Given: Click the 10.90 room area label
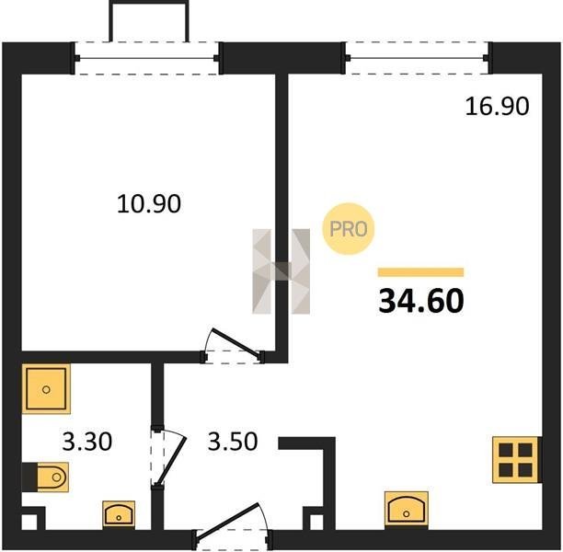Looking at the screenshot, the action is click(149, 203).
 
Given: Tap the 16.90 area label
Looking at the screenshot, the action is click(498, 107).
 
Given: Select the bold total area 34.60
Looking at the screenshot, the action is click(421, 301).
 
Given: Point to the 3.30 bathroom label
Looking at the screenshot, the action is click(87, 442).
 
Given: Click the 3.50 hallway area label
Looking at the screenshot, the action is click(233, 442).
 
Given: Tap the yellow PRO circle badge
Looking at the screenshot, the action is click(349, 229).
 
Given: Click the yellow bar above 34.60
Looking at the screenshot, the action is click(420, 272).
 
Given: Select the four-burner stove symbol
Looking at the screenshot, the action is click(516, 459).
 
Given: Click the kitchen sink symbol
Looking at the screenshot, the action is click(406, 510).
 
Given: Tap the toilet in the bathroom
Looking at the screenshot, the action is click(49, 477).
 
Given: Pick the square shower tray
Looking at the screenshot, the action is click(46, 389).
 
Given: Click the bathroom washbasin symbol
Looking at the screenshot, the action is click(119, 514).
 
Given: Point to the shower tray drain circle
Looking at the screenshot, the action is click(46, 389).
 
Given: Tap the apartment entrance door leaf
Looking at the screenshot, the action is click(227, 521).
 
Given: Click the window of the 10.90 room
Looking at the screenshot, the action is click(147, 58).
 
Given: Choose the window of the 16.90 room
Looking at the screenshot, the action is click(418, 58).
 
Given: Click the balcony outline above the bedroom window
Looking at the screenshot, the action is click(149, 3).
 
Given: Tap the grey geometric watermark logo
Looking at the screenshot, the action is click(281, 271).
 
